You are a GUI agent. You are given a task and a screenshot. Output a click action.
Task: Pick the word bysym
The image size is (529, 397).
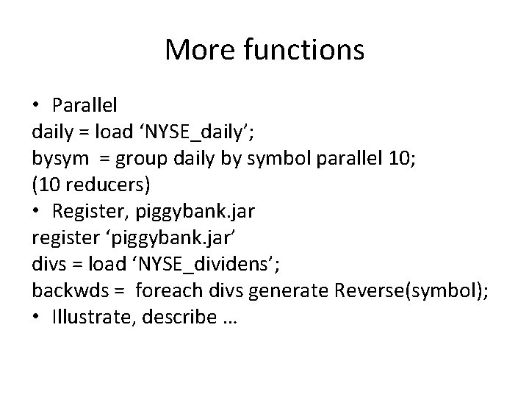point(55,157)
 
